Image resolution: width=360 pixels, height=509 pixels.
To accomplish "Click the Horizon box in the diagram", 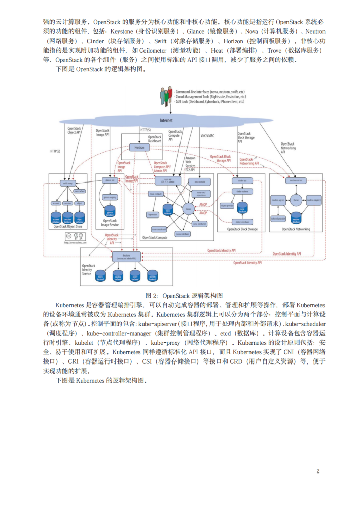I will [x=139, y=147].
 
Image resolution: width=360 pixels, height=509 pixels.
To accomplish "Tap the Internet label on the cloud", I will [x=166, y=120].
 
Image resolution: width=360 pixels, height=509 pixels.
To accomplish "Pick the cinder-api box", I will [x=241, y=180].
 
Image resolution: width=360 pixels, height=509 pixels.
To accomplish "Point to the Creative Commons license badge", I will [x=75, y=237].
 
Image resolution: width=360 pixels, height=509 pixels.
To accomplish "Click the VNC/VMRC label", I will [x=207, y=136].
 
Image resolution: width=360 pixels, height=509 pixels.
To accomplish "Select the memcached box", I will [x=79, y=191].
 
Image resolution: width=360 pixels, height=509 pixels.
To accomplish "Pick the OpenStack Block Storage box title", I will [x=241, y=230].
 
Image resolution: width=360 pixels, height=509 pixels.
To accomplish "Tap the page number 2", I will [x=318, y=471].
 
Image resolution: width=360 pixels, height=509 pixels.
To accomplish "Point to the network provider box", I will [x=278, y=218].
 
